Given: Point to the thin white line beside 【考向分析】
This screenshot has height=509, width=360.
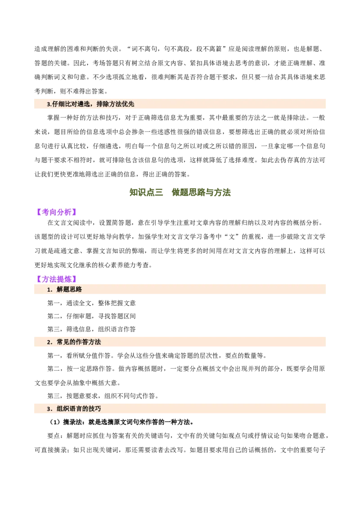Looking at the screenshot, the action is click(x=109, y=218).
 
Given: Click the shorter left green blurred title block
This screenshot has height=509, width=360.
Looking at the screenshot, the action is click(x=147, y=193).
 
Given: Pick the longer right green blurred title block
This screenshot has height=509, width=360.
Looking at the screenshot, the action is click(x=202, y=193).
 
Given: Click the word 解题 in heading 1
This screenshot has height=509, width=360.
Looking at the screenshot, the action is click(x=63, y=290).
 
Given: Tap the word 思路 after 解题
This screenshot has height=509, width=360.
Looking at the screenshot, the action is click(x=76, y=290).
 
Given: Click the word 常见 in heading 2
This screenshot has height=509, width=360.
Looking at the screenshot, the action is click(x=63, y=342).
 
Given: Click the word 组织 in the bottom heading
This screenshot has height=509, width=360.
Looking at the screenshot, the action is click(x=63, y=409).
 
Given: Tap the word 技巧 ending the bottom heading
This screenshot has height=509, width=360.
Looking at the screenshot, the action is click(x=94, y=409).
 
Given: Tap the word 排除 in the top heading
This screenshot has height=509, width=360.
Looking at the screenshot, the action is click(x=103, y=104).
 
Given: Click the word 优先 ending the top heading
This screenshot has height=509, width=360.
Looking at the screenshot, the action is click(x=128, y=104).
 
